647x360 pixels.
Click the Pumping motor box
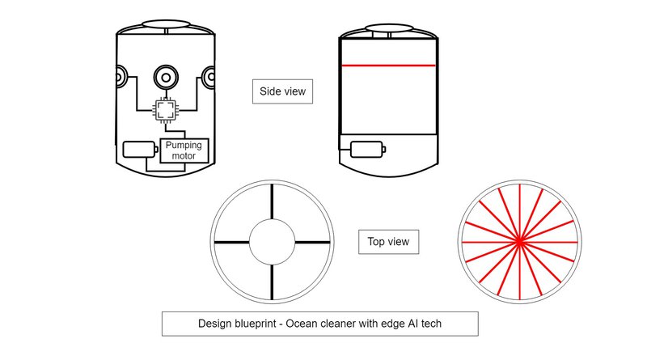184,150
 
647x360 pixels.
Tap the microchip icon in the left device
166,110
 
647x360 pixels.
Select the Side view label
282,91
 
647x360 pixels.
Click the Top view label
388,242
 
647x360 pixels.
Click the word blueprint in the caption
254,324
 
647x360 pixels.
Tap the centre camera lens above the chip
166,77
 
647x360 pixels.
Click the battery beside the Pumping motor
140,150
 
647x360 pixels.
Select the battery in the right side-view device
368,150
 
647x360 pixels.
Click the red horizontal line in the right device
388,66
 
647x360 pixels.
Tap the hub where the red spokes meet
519,242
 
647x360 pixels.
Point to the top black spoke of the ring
272,201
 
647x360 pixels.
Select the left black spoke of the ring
231,242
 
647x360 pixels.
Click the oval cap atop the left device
166,24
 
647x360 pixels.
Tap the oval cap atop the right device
389,28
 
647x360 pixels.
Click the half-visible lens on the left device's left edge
120,77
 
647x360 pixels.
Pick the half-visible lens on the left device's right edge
209,77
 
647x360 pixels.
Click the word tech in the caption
431,324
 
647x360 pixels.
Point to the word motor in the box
184,156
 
